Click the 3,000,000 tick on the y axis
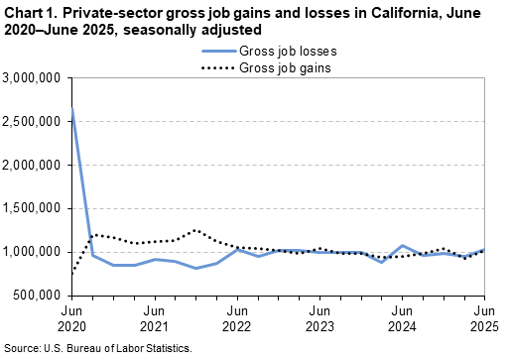[x=34, y=77]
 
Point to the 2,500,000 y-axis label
[x=34, y=121]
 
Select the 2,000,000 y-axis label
[x=34, y=165]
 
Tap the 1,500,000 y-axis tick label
[x=34, y=208]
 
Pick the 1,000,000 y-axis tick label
[x=34, y=252]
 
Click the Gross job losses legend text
[x=281, y=50]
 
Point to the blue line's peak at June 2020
[x=73, y=108]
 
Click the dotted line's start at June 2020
[x=73, y=270]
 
